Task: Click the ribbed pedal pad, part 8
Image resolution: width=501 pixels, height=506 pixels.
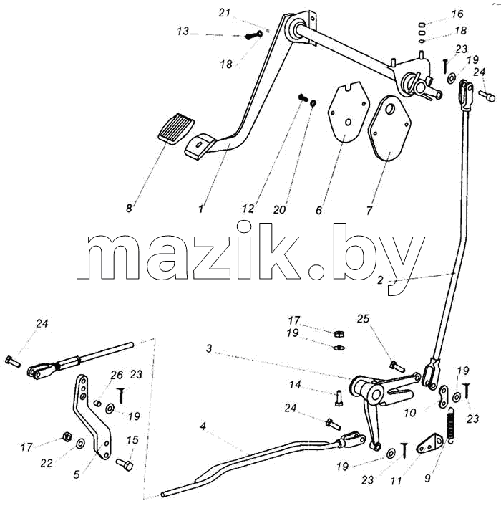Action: click(177, 126)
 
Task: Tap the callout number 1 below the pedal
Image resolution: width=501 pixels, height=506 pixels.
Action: click(201, 209)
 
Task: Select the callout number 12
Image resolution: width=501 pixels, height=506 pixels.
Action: click(248, 209)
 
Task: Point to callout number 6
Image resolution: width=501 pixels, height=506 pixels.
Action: click(318, 210)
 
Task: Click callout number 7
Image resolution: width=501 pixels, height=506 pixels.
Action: click(369, 211)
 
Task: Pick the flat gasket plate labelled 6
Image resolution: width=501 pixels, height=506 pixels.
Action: click(348, 112)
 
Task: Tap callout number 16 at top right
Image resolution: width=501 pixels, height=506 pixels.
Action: click(457, 14)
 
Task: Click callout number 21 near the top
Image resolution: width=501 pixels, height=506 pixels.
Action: click(225, 13)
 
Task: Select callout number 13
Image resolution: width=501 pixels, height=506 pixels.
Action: click(183, 32)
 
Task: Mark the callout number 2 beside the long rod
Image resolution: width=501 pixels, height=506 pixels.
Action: click(380, 280)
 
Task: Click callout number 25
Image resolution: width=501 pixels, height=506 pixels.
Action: click(363, 318)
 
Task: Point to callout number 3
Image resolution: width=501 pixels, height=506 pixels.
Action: click(210, 348)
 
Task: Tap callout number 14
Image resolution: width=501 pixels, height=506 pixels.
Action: click(295, 384)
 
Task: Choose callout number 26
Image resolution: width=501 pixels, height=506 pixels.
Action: click(117, 375)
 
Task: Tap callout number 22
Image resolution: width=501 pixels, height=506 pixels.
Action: click(47, 464)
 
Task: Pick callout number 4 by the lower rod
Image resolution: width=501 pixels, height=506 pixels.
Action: click(203, 426)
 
